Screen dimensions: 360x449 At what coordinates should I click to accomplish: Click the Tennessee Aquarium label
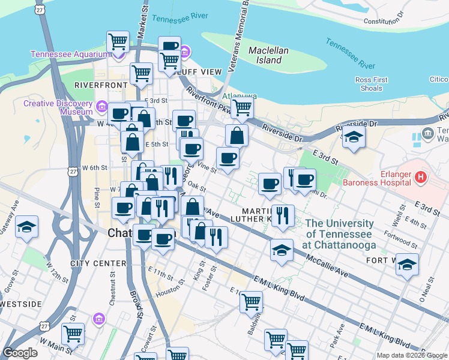pos(71,54)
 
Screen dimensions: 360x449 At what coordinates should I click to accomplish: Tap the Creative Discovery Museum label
pos(58,107)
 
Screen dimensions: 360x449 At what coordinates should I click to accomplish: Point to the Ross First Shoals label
pos(372,84)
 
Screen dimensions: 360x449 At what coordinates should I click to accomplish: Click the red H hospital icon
pos(421,177)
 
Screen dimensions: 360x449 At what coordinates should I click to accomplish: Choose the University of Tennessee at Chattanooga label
pos(340,234)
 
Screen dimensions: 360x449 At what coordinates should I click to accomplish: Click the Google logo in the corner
pos(20,353)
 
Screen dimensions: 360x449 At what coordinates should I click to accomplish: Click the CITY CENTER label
pos(98,263)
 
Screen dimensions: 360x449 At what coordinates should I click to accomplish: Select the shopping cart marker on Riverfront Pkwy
pos(242,108)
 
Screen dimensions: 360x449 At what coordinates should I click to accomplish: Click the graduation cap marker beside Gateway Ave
pos(26,227)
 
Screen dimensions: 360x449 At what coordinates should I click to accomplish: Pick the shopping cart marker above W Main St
pos(73,332)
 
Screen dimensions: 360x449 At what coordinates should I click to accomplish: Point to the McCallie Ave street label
pos(327,265)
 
